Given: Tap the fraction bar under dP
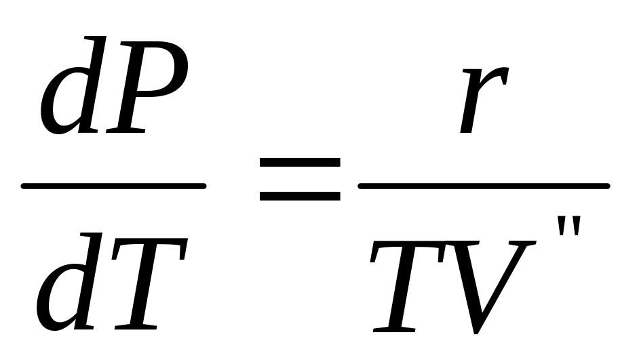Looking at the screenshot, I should (x=113, y=186).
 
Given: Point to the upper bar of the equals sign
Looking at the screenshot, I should (x=300, y=163).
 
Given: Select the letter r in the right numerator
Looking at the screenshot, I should (x=482, y=102).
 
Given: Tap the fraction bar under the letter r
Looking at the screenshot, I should (x=483, y=186).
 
